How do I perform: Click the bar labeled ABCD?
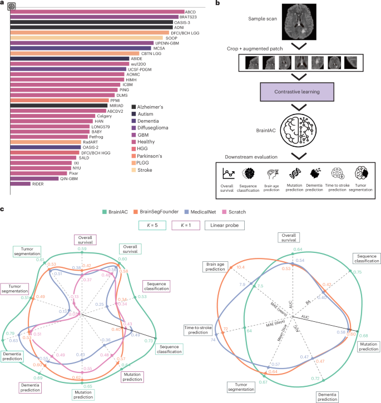(97, 11)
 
